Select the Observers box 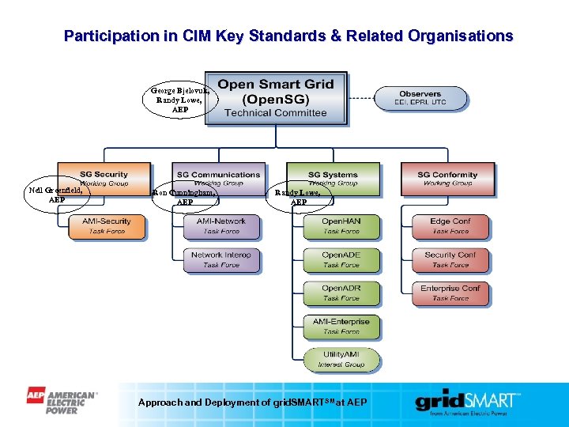[420, 97]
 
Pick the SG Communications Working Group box [218, 179]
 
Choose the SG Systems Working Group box [333, 179]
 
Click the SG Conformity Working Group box [447, 179]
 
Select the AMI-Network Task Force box [221, 226]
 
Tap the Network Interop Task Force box [221, 260]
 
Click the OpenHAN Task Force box [341, 226]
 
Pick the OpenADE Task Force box [341, 260]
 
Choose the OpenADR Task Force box [341, 293]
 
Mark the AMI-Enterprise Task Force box [341, 327]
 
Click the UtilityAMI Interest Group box [341, 359]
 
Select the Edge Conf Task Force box [450, 226]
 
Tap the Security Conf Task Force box [450, 260]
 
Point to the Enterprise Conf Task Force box [450, 293]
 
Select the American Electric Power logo [62, 400]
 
